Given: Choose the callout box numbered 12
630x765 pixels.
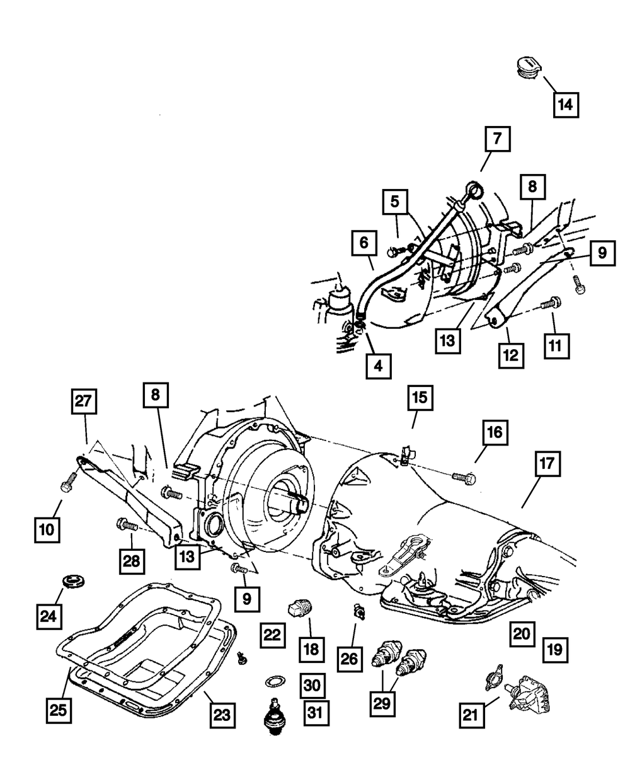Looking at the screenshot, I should (510, 355).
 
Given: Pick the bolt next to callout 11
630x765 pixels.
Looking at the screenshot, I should (549, 303).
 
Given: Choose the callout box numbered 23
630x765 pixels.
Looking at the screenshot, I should (224, 715).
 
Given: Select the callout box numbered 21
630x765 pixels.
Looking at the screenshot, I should (473, 714).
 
